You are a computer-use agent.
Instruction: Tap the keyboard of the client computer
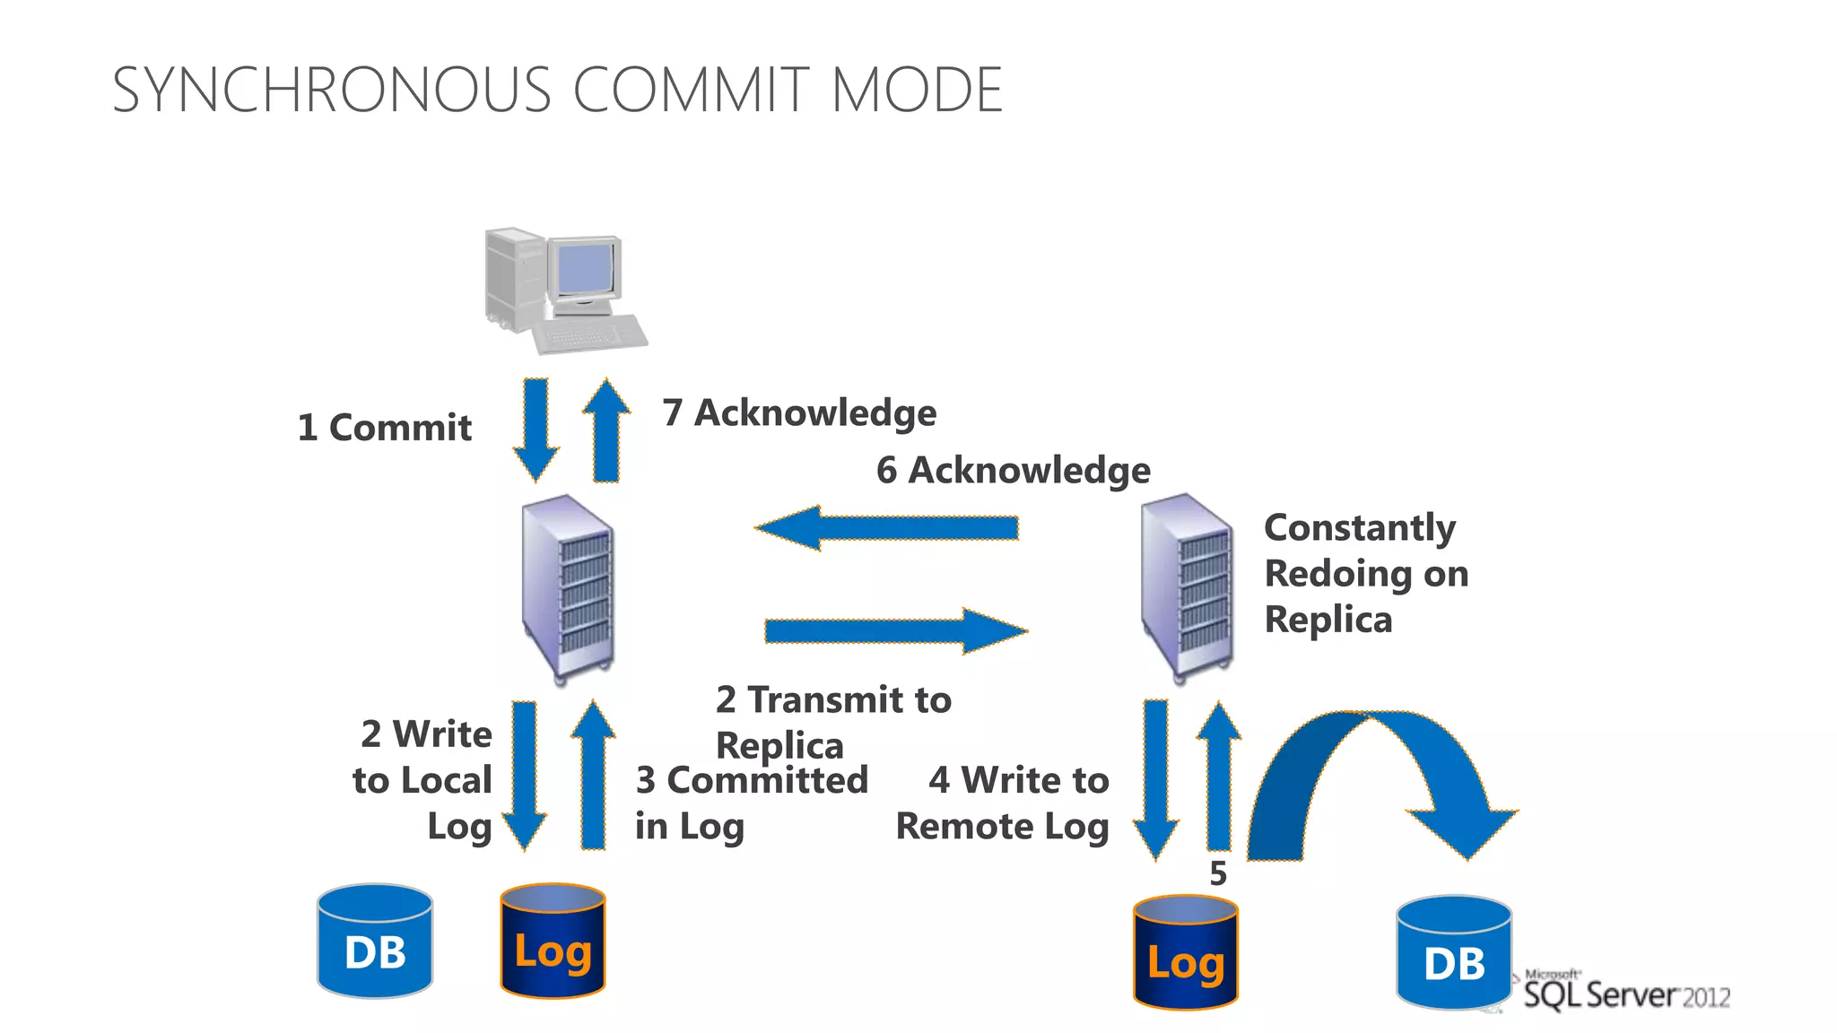pos(589,334)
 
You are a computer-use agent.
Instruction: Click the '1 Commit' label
pos(384,428)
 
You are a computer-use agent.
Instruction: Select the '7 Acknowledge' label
pos(799,413)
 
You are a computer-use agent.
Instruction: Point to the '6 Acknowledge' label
pos(1013,471)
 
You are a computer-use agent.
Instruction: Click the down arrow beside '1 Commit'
pos(536,430)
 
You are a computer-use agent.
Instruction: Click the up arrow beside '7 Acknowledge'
pos(606,430)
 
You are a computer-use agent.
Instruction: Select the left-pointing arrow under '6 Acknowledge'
pos(887,528)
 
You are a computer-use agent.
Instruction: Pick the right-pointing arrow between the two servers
pos(895,631)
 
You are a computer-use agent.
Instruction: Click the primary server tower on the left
pos(568,589)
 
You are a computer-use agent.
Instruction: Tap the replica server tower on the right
pos(1186,587)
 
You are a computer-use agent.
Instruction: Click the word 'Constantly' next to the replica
pos(1360,528)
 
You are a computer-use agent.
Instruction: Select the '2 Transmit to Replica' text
pos(832,722)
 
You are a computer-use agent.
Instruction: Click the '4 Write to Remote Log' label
pos(1003,803)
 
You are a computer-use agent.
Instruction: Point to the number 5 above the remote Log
pos(1217,873)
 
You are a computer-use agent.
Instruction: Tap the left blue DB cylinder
pos(375,942)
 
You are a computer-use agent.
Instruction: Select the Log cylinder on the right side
pos(1185,952)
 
